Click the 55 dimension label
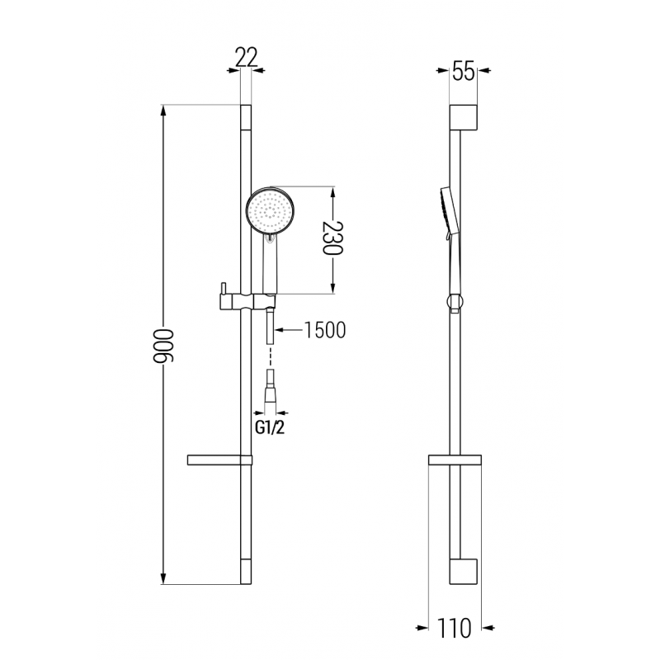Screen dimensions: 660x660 [x=464, y=72]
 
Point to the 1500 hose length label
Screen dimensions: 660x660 [x=324, y=330]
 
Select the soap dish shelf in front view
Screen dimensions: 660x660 [x=219, y=460]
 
